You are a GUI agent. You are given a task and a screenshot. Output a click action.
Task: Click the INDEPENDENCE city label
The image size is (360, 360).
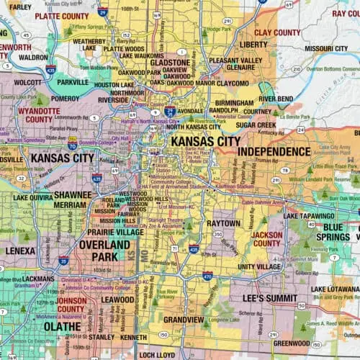click(274, 151)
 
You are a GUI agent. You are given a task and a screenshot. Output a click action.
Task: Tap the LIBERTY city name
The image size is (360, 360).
click(258, 44)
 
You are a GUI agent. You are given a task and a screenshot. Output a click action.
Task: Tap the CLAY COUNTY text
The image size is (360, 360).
click(277, 32)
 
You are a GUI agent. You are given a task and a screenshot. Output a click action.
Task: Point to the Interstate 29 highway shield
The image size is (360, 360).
click(102, 12)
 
